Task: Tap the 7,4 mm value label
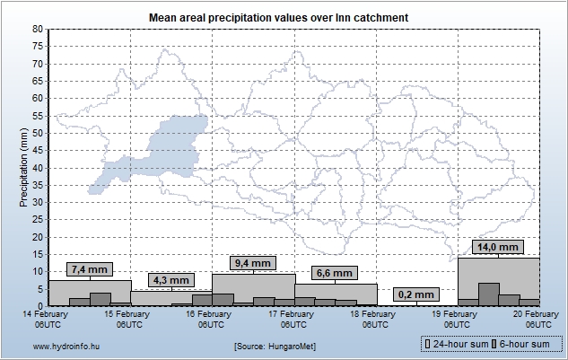(x=90, y=269)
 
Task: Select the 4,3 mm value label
(x=170, y=280)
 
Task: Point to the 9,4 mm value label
(x=252, y=263)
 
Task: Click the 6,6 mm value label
(x=335, y=273)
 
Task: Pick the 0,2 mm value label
(x=415, y=294)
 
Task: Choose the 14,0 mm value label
(x=497, y=247)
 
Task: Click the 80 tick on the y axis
(x=38, y=29)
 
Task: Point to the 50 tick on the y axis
(x=38, y=133)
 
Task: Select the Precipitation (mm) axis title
(x=24, y=167)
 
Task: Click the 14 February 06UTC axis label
(x=48, y=320)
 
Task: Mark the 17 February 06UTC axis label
(x=293, y=320)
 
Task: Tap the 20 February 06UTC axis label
(x=538, y=320)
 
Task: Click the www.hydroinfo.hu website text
(x=45, y=346)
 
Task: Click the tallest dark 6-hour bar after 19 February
(x=488, y=294)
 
